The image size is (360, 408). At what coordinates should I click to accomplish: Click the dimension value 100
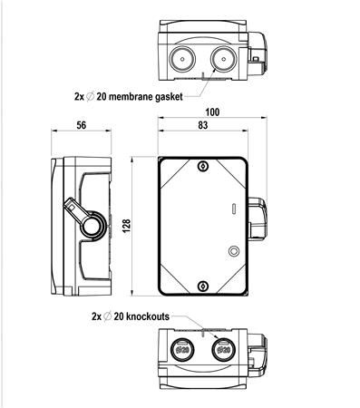point(212,112)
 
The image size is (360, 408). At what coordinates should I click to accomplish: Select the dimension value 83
point(203,125)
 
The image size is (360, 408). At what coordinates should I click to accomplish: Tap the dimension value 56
point(81,125)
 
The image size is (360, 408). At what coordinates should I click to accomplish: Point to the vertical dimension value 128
point(126,226)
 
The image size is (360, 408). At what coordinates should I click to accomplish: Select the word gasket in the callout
point(169,97)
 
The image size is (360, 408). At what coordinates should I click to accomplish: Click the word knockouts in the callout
point(148,316)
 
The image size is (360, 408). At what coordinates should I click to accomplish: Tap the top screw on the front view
point(203,166)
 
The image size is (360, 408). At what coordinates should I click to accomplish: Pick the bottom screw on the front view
point(203,286)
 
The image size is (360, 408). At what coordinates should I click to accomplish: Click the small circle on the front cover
point(234,251)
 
